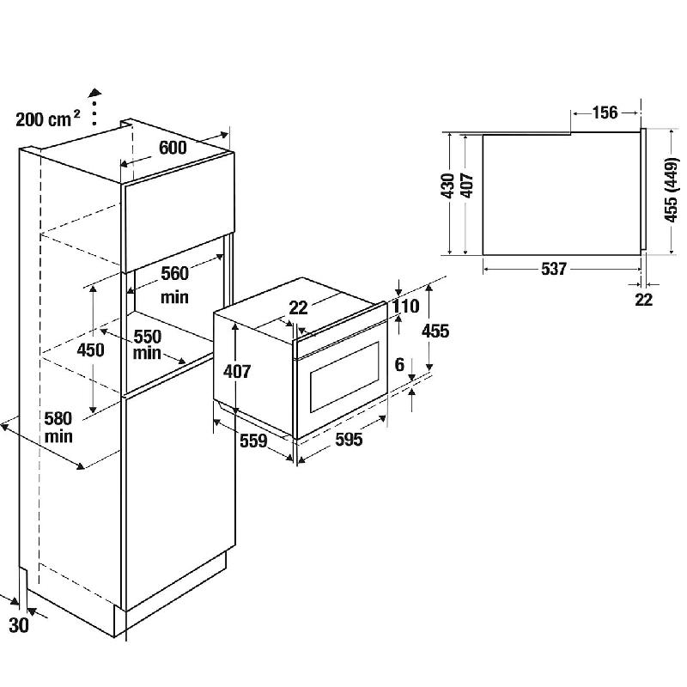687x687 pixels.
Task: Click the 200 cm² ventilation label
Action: point(48,119)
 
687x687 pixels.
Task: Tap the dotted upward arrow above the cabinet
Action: point(94,106)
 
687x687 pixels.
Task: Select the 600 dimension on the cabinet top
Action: point(173,148)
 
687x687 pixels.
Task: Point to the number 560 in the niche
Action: point(175,273)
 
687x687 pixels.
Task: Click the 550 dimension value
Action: point(148,337)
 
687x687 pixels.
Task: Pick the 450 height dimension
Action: point(91,350)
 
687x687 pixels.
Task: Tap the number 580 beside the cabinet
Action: point(58,418)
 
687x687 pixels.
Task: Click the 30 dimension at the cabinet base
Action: point(19,625)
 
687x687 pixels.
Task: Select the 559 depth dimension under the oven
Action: point(253,441)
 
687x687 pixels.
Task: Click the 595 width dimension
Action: point(349,440)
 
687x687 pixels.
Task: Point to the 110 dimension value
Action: point(405,307)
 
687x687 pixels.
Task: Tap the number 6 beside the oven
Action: point(399,364)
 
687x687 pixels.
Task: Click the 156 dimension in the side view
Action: point(605,112)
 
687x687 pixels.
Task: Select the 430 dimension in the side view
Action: point(448,185)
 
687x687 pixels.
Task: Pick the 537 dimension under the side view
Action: point(554,269)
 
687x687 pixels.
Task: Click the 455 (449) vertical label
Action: point(672,190)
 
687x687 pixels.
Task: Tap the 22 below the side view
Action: point(643,300)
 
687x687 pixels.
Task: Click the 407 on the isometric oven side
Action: point(237,372)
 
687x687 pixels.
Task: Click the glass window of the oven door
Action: point(344,378)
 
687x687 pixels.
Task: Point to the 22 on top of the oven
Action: point(298,307)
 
